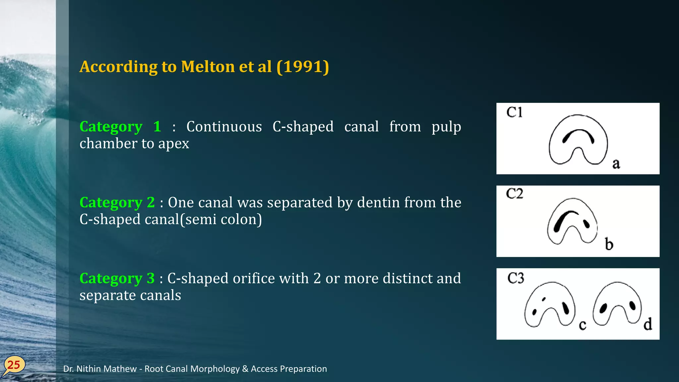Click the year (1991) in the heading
[303, 67]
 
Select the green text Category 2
[117, 202]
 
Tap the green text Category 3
[117, 278]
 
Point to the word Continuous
[224, 127]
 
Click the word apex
[173, 144]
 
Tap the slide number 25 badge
[14, 365]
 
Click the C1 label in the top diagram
[514, 112]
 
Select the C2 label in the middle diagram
[514, 194]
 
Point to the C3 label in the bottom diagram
[516, 278]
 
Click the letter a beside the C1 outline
[616, 163]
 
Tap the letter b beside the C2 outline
[609, 244]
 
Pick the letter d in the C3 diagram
[648, 324]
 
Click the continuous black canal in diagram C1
[579, 132]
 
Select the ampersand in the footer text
[245, 369]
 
